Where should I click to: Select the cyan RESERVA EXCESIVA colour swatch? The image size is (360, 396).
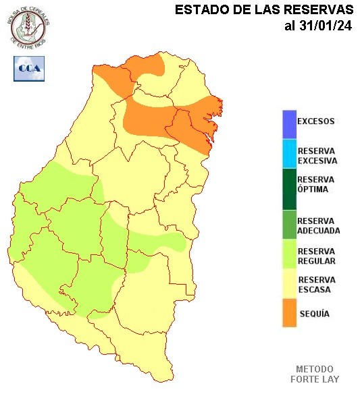pos(289,154)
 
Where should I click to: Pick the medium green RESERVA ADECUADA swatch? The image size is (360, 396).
pos(289,225)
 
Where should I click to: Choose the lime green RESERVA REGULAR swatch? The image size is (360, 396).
pos(289,256)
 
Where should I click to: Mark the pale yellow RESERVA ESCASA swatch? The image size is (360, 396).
pos(289,284)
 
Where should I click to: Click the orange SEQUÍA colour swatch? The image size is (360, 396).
pos(289,314)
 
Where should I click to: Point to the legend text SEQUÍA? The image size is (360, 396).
pos(314,314)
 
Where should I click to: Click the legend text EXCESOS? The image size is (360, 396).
pos(316,122)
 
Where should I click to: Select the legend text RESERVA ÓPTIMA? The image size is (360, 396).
pos(317,184)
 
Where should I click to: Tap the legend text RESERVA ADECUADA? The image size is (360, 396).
pos(319,225)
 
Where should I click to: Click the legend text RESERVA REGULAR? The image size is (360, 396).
pos(317,256)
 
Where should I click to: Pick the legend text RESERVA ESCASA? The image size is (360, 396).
pos(317,284)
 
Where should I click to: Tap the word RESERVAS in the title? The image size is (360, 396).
pos(319,10)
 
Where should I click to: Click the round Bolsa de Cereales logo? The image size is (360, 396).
pos(28,26)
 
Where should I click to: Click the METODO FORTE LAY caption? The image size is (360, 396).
pos(315,374)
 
